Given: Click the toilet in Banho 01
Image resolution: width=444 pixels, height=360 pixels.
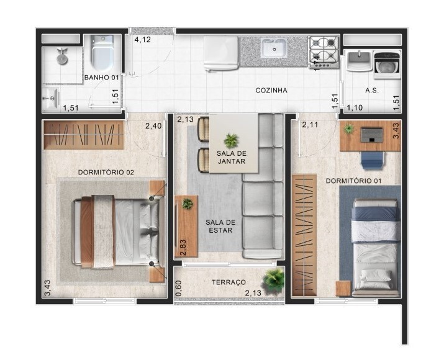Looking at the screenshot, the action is coord(102,53).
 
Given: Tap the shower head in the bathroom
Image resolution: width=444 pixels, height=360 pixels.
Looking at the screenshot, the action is coord(61,56).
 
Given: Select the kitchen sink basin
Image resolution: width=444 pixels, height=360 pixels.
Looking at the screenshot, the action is coord(274,48).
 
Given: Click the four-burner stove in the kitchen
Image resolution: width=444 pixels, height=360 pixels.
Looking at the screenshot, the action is coord(324,52).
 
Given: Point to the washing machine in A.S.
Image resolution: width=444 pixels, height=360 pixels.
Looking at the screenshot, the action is coord(387,65).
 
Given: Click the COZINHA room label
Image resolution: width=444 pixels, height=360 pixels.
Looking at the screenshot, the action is coord(271,90).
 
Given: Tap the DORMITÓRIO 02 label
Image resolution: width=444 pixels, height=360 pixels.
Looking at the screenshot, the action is coord(106,172).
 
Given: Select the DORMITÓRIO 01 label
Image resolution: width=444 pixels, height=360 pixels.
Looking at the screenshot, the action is coord(354,181).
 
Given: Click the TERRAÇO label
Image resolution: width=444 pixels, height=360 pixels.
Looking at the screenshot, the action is coord(229,282).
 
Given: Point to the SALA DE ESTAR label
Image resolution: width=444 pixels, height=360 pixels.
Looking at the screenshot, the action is coord(220,227).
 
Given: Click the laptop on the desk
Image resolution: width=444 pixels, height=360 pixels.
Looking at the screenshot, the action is coord(372,135).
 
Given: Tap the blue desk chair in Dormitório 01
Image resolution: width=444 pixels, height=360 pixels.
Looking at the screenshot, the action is coord(373,160).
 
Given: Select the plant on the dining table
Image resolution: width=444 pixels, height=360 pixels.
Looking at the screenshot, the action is coord(232,140).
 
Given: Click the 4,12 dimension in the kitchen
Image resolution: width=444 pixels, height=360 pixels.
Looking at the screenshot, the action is coord(142,40).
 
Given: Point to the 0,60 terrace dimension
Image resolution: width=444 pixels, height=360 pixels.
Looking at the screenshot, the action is coord(178,289).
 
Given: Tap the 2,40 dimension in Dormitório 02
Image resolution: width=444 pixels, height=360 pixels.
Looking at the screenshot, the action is coord(153,125).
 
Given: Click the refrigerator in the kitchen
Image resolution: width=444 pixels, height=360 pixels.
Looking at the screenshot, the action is coord(221,53).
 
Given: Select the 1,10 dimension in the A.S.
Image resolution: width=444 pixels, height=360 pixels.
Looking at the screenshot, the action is coord(355,108).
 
